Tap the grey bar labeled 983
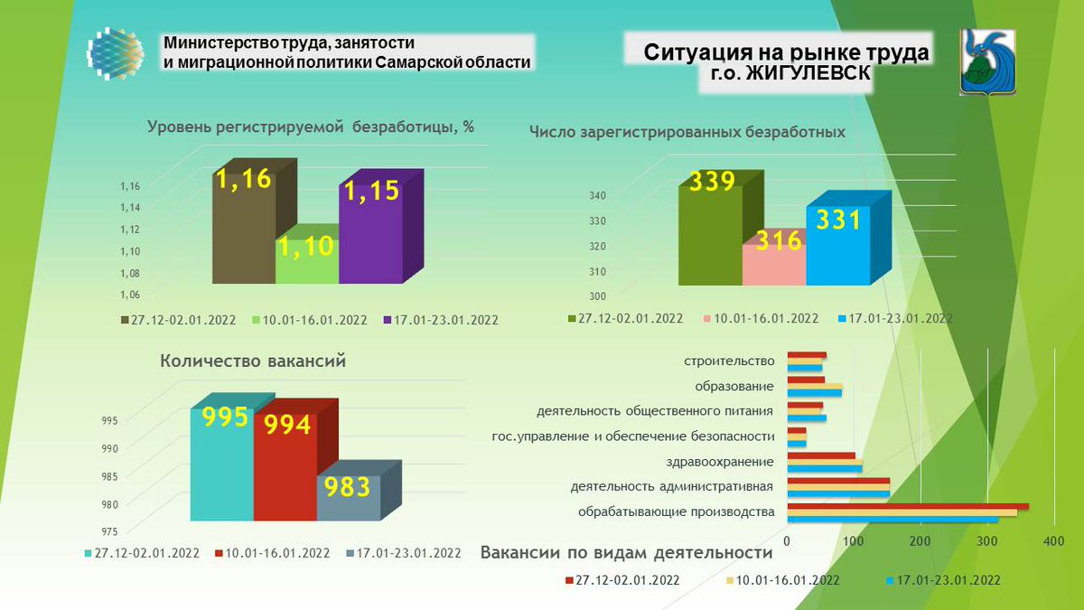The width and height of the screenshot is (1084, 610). point(349,496)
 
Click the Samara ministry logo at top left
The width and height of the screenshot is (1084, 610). point(116,53)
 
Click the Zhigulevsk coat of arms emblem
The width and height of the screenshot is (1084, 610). point(986,61)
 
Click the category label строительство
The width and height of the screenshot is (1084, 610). point(730,361)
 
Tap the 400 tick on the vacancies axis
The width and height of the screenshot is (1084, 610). point(1052,541)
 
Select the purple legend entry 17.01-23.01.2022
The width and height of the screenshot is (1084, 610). point(440,320)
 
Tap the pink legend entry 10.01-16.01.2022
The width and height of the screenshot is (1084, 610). point(760,318)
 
